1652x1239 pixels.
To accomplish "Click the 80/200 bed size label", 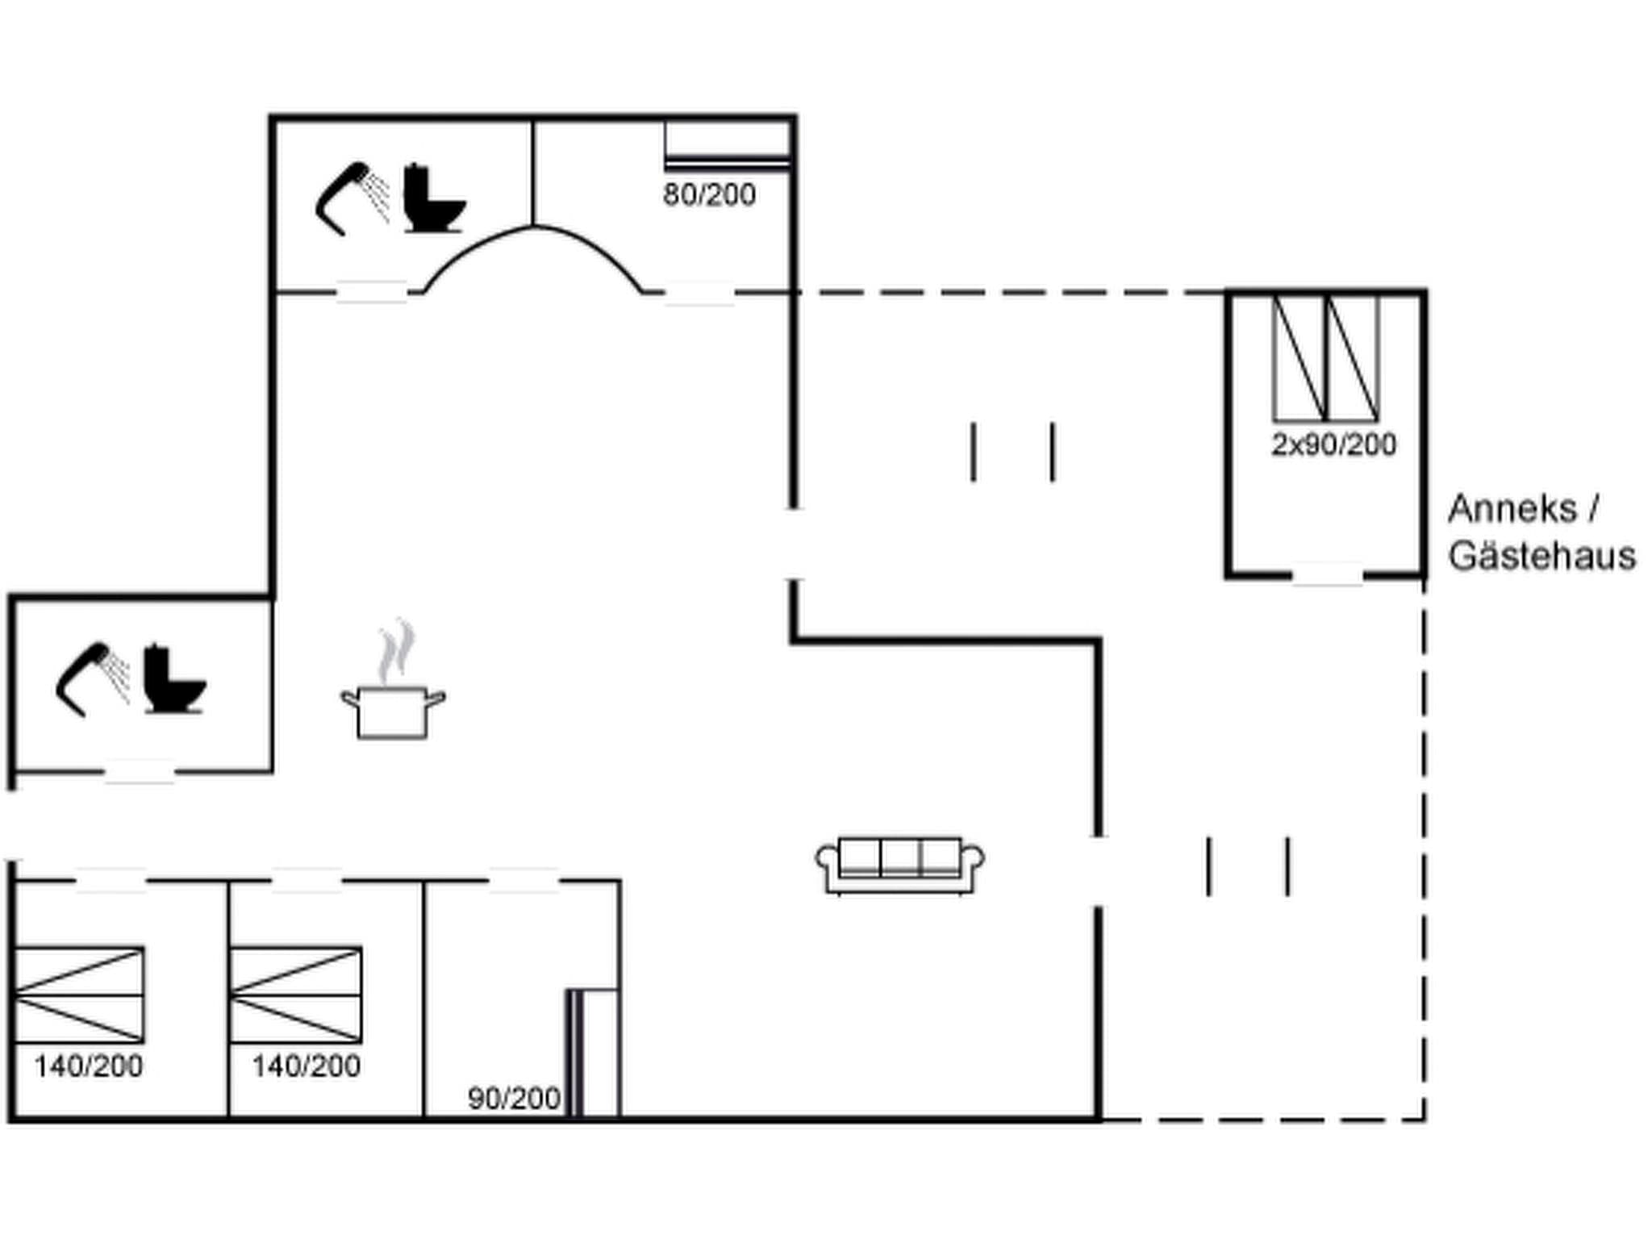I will (709, 195).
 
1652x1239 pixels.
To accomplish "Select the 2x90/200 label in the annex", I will (1333, 444).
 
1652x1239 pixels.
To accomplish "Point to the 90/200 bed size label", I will (514, 1098).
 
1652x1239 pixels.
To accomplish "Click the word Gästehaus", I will (1541, 557).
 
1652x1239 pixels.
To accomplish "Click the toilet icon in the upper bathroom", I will (434, 198).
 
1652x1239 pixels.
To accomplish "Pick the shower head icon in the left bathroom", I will (92, 678).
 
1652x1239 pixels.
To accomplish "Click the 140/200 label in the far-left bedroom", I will (88, 1066).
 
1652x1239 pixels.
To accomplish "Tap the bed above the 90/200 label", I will (593, 1053).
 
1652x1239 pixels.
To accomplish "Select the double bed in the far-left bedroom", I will (79, 995).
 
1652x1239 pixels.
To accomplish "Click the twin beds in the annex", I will (1325, 358).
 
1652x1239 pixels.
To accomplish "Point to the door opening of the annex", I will (1327, 574).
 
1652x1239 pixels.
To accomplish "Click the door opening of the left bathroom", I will (140, 772).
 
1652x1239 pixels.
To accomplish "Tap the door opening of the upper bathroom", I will (371, 292).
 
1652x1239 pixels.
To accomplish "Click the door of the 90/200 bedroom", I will (524, 881).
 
